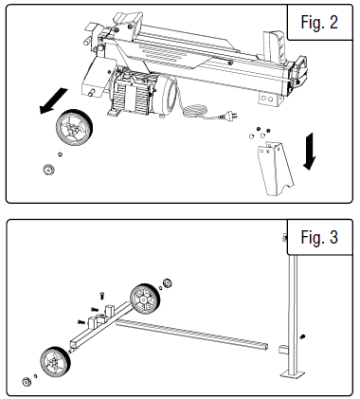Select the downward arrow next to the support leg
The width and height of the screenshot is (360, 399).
tap(309, 151)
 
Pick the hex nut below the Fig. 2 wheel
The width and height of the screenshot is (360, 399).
tap(46, 170)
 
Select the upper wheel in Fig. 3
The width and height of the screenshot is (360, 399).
tap(146, 299)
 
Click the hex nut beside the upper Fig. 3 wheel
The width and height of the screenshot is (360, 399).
tap(169, 283)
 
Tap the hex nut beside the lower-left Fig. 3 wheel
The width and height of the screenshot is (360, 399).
tap(26, 384)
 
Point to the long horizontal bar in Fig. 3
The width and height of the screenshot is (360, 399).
tap(199, 333)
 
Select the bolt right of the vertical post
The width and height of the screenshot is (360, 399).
tap(303, 338)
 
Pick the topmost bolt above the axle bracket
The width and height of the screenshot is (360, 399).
tap(100, 295)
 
